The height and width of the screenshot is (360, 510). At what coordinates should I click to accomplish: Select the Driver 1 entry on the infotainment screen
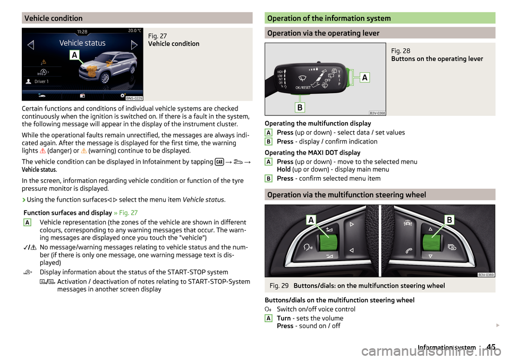click(x=41, y=82)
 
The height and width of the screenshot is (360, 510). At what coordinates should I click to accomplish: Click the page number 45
click(x=491, y=347)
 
